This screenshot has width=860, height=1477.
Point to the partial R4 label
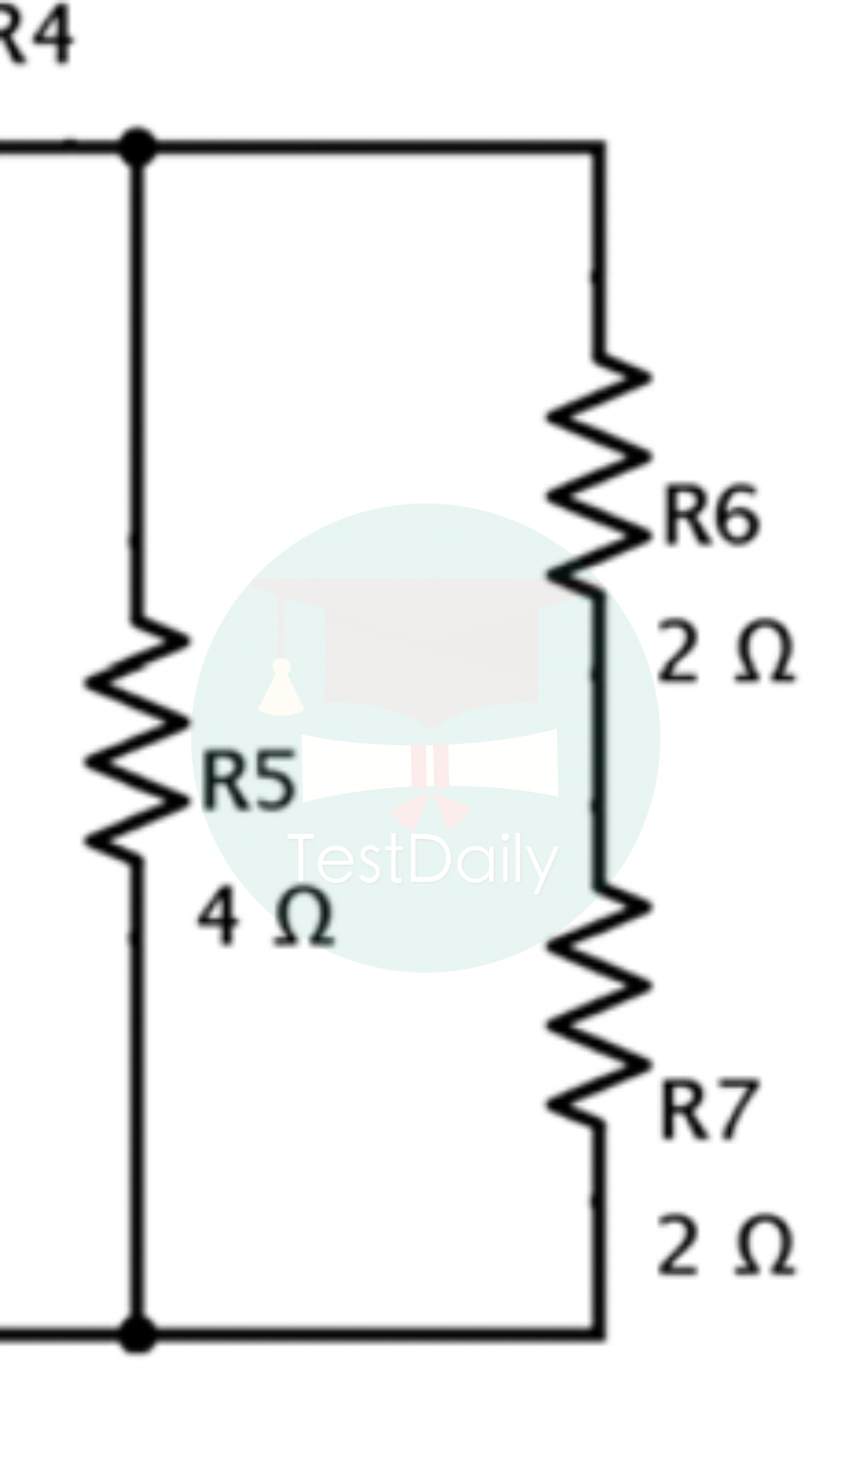[36, 36]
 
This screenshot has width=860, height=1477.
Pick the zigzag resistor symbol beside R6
[600, 473]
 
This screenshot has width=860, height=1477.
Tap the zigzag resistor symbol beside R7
[600, 1003]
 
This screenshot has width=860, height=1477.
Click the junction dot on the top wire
[138, 147]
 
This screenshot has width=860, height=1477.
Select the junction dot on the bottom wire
[138, 1332]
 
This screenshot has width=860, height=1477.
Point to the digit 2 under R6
[678, 653]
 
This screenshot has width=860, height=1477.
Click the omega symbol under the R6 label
[764, 654]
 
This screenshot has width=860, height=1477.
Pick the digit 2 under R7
[678, 1246]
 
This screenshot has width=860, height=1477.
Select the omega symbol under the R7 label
[764, 1247]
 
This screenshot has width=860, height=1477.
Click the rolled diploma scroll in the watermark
[430, 764]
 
